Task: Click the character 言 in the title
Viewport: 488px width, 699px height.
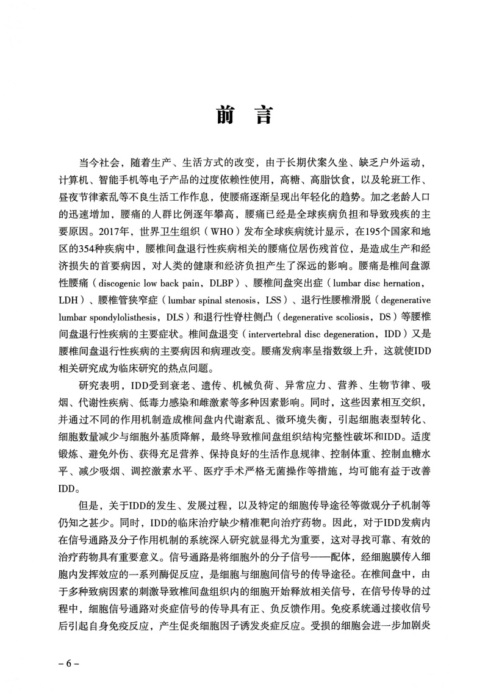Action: [x=263, y=115]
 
